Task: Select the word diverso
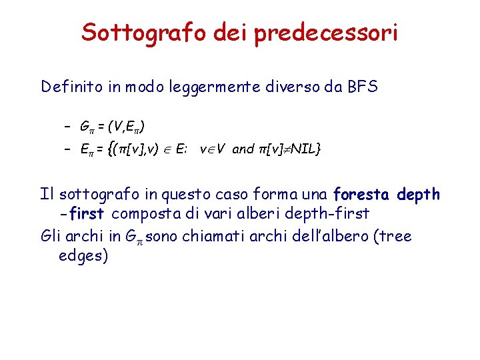(x=294, y=87)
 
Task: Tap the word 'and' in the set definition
(x=243, y=149)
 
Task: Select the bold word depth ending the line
(x=418, y=195)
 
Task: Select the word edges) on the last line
(x=83, y=257)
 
